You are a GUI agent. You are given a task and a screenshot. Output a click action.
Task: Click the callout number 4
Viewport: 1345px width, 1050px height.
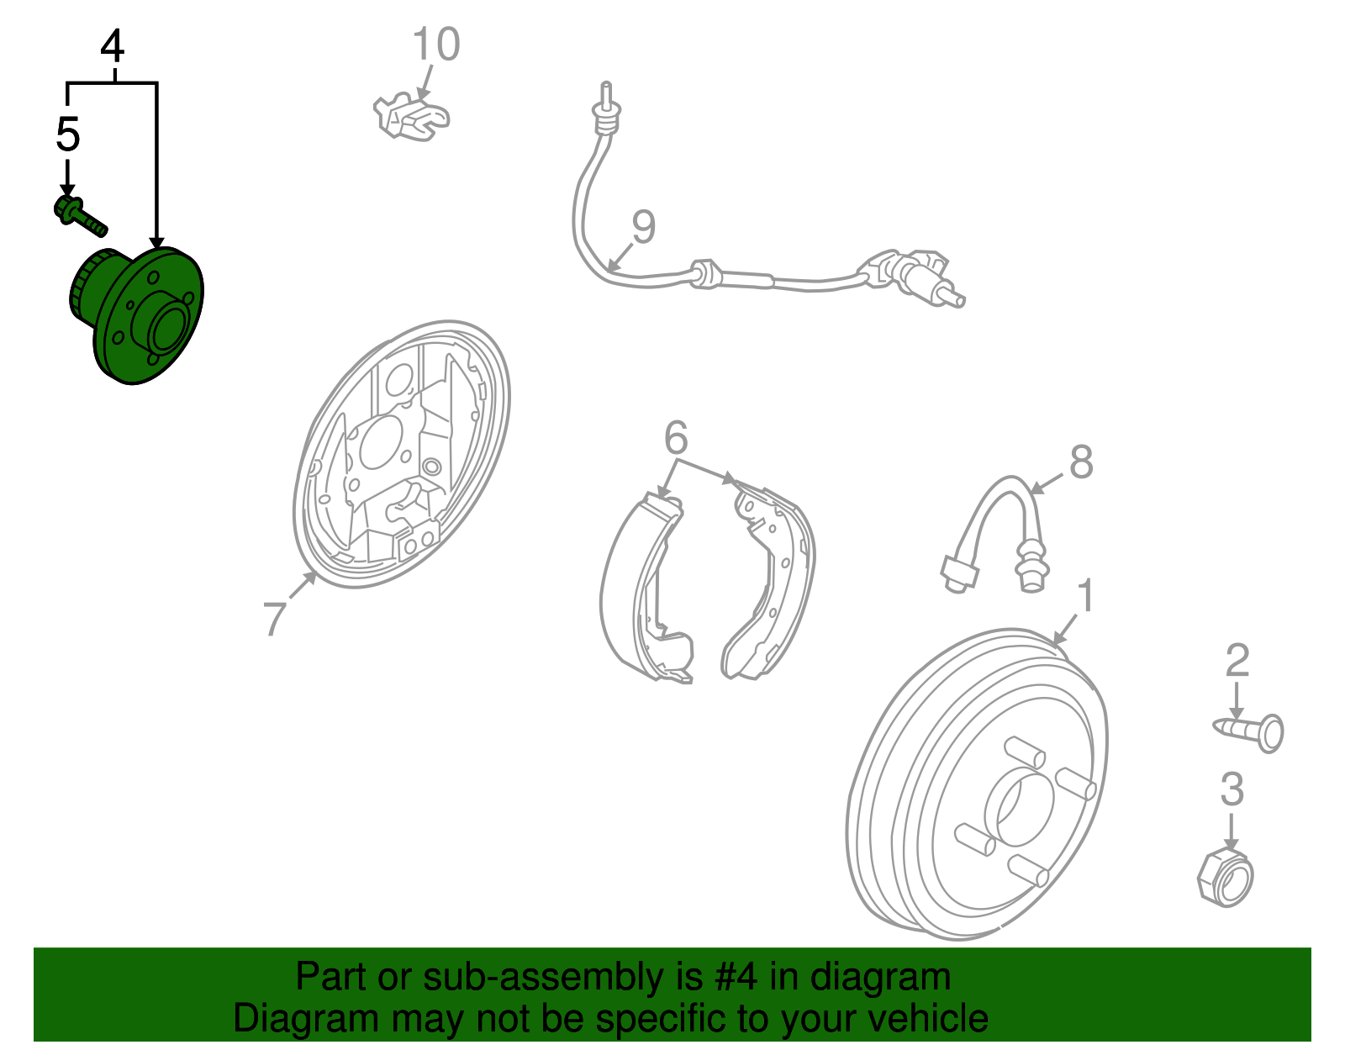(112, 46)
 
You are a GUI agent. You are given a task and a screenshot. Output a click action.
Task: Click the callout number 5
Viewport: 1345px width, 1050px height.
(68, 135)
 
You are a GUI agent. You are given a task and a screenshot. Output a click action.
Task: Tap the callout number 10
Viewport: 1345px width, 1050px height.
(435, 44)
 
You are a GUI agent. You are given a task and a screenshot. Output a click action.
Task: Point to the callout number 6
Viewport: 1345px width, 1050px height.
(675, 437)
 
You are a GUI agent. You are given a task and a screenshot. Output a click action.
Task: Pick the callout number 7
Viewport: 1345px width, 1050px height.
(275, 618)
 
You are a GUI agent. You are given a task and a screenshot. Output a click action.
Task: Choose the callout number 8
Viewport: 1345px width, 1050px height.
(1081, 461)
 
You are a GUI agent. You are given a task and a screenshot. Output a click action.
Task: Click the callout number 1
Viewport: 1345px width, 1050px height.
(1086, 595)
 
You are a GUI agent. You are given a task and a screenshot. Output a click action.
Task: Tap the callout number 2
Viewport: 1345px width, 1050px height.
(1237, 660)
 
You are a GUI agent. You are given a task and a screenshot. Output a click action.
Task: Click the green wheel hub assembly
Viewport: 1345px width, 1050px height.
(136, 315)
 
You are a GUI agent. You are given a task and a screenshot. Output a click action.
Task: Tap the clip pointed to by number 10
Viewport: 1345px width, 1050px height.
(411, 116)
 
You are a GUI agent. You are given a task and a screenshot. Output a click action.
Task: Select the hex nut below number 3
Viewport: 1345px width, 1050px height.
(1225, 878)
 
